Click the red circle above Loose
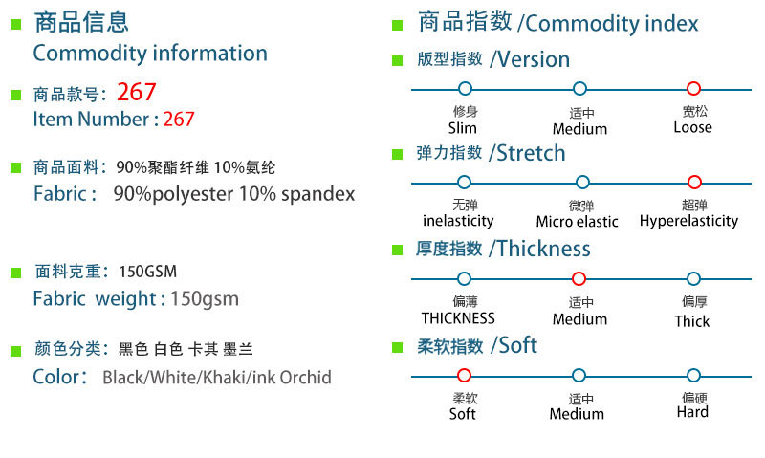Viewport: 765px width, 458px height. pos(694,89)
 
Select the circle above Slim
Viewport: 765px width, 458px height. pos(465,89)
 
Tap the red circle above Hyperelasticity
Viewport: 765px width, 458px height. pos(694,183)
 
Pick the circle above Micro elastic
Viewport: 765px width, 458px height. pos(581,183)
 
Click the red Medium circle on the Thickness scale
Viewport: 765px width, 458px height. pos(579,279)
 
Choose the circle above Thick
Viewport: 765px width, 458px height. pos(694,279)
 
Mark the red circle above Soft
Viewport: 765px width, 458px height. pos(465,376)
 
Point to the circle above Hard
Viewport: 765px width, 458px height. pos(694,376)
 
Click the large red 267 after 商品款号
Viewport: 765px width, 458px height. pos(136,93)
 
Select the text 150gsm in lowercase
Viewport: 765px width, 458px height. pos(205,299)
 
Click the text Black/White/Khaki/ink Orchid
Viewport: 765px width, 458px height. pos(217,378)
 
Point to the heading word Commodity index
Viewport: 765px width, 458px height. pos(612,24)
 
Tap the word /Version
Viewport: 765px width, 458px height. pos(530,59)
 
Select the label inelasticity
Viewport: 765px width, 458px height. pos(458,221)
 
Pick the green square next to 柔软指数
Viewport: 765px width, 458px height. pos(398,348)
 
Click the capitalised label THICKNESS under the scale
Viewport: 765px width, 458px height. pos(458,318)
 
